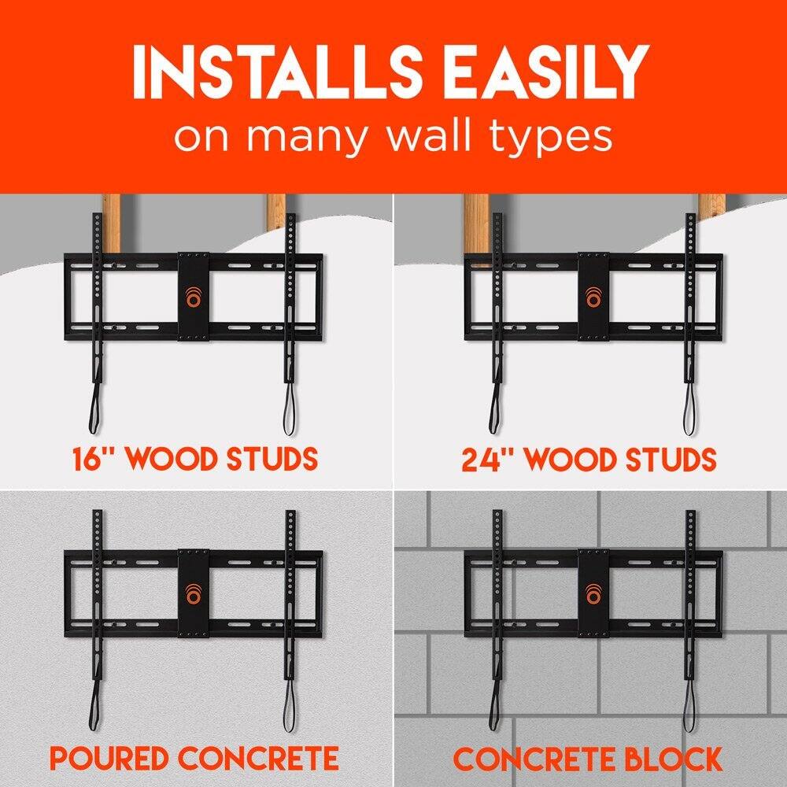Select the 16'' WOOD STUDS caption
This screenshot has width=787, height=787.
pos(196,458)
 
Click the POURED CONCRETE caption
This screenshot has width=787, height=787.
pos(194,759)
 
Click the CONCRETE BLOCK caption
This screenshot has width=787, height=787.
pos(588,759)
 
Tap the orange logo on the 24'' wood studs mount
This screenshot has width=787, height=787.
pos(593,301)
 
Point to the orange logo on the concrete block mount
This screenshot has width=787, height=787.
pos(593,595)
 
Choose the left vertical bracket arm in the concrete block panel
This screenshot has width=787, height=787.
pos(497,598)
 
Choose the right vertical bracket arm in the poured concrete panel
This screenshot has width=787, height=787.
pos(290,598)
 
